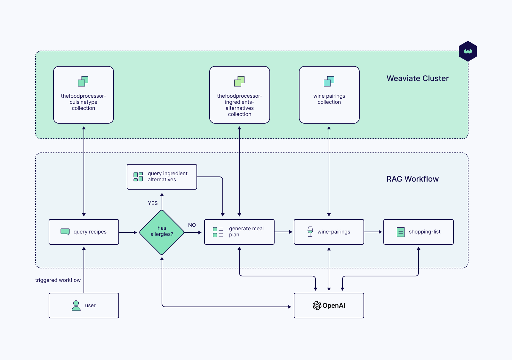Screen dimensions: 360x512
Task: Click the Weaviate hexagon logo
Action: click(468, 51)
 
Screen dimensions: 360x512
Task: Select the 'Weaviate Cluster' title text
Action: click(418, 78)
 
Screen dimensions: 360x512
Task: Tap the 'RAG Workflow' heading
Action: click(412, 179)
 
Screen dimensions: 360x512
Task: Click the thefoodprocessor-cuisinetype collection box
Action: click(84, 95)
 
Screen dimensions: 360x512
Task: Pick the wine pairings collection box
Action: click(329, 95)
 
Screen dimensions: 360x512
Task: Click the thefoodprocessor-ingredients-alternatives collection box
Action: click(239, 95)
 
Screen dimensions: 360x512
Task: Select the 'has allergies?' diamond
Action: click(162, 232)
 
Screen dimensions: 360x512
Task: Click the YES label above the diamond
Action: click(153, 203)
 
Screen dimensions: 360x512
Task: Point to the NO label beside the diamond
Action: click(192, 225)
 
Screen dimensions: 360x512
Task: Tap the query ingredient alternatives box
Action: click(162, 177)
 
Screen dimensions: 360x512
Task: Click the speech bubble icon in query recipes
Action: click(65, 232)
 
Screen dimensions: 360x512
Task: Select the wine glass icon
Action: click(310, 231)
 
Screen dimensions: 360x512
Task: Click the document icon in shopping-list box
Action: click(401, 232)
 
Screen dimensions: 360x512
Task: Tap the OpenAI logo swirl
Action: click(317, 306)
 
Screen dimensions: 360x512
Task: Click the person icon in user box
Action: click(76, 306)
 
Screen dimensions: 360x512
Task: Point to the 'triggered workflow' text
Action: click(58, 280)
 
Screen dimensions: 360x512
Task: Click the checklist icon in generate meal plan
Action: click(218, 232)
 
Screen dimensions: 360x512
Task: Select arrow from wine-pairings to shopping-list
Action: click(373, 232)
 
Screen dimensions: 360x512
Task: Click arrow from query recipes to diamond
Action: click(128, 232)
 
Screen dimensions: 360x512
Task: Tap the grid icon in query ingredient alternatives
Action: click(138, 177)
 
